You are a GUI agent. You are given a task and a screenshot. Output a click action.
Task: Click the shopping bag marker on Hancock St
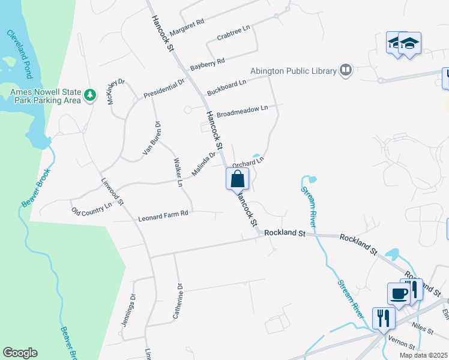tap(237, 179)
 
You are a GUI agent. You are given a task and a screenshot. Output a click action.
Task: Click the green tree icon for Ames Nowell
tap(89, 95)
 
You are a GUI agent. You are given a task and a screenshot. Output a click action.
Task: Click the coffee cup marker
tap(399, 293)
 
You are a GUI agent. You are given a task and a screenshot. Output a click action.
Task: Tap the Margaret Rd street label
tap(187, 28)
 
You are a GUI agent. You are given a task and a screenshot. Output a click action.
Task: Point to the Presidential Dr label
tap(164, 90)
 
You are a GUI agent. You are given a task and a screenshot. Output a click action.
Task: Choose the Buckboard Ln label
tap(227, 88)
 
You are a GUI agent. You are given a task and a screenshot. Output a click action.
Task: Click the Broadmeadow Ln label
tap(242, 111)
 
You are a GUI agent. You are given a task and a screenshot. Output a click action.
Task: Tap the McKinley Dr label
tap(116, 91)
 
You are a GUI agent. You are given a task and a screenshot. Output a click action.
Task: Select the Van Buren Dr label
tap(152, 139)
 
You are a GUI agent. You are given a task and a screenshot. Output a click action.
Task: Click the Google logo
tap(20, 353)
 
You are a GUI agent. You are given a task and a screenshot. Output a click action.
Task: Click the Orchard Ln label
tap(248, 162)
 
